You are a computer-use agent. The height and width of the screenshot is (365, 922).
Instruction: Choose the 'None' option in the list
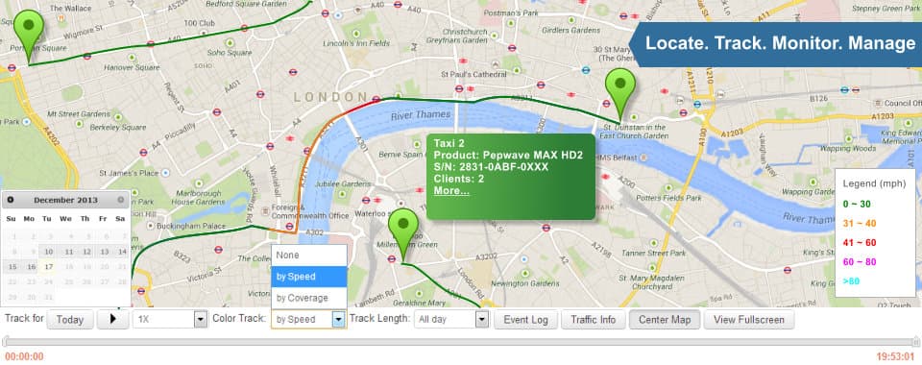pyautogui.click(x=288, y=255)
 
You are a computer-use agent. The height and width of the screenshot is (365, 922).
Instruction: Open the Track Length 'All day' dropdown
pyautogui.click(x=451, y=320)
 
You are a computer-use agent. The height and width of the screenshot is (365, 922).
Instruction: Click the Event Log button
pyautogui.click(x=525, y=320)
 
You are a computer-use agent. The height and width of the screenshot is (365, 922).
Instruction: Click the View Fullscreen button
pyautogui.click(x=749, y=320)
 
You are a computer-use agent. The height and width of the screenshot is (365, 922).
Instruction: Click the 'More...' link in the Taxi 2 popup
pyautogui.click(x=450, y=190)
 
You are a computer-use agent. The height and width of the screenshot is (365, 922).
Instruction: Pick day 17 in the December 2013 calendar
pyautogui.click(x=48, y=267)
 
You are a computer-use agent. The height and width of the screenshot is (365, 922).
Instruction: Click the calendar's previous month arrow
pyautogui.click(x=11, y=200)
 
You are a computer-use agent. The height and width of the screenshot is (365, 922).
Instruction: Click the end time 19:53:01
pyautogui.click(x=895, y=356)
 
